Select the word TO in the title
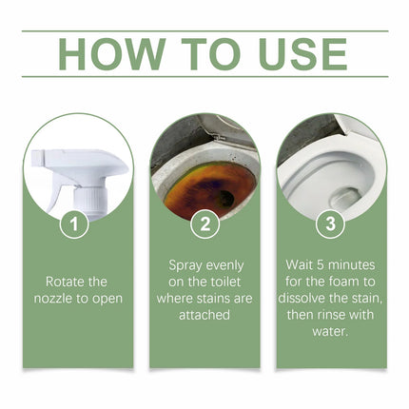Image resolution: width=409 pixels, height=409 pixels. tap(206, 53)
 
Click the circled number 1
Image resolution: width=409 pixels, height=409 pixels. tap(77, 224)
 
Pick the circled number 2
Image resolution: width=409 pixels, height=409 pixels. tap(204, 224)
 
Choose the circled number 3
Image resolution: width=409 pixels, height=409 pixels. tap(330, 224)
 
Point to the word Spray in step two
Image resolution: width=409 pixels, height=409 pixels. tap(186, 264)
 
